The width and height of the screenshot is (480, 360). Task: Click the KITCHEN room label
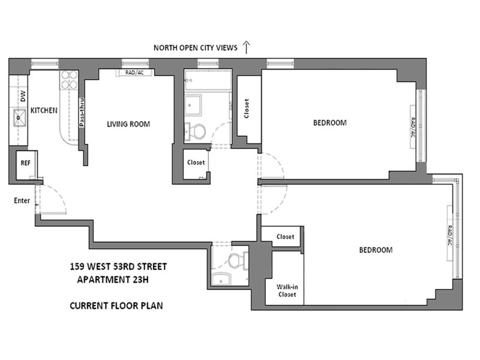[44, 110]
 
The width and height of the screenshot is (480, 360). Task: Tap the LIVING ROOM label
[128, 124]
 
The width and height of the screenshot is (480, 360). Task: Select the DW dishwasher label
[23, 97]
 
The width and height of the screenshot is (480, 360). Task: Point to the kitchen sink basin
[19, 117]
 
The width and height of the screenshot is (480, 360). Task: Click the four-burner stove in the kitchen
[69, 80]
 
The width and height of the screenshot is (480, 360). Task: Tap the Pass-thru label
[82, 112]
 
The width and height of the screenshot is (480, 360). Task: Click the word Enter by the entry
[22, 200]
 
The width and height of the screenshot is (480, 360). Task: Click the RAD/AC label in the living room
[134, 73]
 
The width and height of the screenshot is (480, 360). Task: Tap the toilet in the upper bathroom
[196, 131]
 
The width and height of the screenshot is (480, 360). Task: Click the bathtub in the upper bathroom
[208, 80]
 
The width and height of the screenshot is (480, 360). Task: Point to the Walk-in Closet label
[287, 290]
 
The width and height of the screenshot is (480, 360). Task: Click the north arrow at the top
[247, 47]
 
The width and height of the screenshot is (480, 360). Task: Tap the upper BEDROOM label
[330, 123]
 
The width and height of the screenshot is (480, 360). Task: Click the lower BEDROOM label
[376, 250]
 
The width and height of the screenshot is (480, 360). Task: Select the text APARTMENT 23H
[113, 280]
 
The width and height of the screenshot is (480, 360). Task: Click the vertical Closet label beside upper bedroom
[247, 109]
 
